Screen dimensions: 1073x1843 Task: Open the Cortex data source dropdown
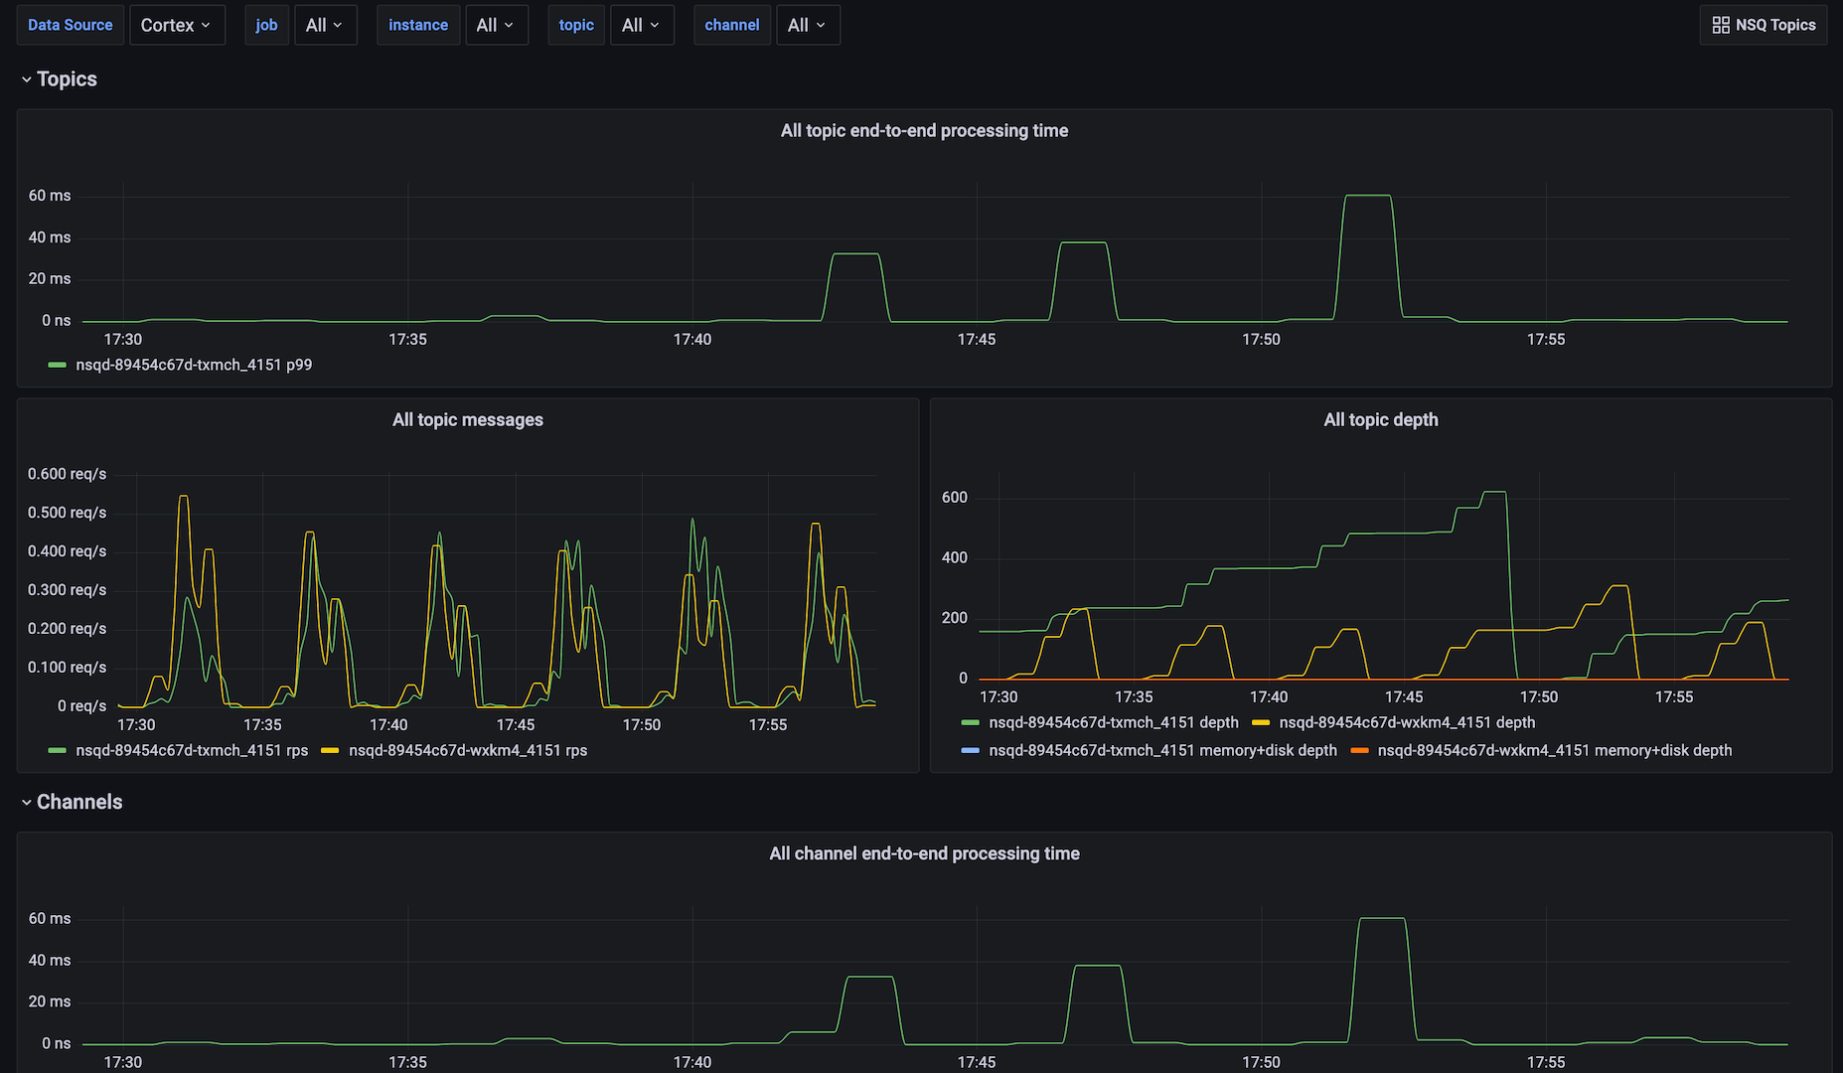pyautogui.click(x=176, y=25)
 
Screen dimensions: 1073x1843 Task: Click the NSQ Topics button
pyautogui.click(x=1764, y=25)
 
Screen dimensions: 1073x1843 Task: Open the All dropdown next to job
pyautogui.click(x=325, y=25)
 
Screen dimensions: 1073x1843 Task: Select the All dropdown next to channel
pyautogui.click(x=807, y=25)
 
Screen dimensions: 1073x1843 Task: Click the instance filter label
pyautogui.click(x=417, y=25)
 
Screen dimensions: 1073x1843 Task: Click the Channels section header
pyautogui.click(x=78, y=802)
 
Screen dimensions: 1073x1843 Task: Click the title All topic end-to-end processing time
pyautogui.click(x=924, y=130)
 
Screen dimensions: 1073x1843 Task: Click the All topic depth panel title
pyautogui.click(x=1380, y=419)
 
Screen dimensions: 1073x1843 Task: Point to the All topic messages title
pyautogui.click(x=467, y=419)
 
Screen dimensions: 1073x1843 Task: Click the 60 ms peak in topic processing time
pyautogui.click(x=1367, y=196)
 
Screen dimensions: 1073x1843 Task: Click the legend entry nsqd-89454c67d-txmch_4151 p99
pyautogui.click(x=193, y=365)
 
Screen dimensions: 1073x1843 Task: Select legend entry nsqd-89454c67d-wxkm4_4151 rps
pyautogui.click(x=467, y=750)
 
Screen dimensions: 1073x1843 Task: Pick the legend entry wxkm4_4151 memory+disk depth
pyautogui.click(x=1554, y=750)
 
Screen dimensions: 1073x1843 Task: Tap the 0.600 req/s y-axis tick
pyautogui.click(x=67, y=474)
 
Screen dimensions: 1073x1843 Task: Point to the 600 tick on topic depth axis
pyautogui.click(x=954, y=497)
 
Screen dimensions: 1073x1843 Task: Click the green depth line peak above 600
pyautogui.click(x=1494, y=492)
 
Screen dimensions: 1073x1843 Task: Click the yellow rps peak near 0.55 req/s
pyautogui.click(x=183, y=496)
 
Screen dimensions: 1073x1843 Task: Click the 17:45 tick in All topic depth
pyautogui.click(x=1403, y=696)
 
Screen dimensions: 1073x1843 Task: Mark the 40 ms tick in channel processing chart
pyautogui.click(x=50, y=960)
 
